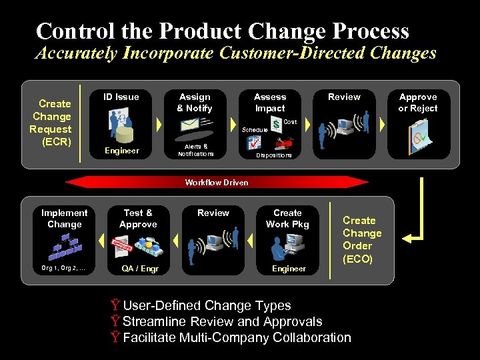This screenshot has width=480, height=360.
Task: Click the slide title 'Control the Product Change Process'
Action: pyautogui.click(x=222, y=31)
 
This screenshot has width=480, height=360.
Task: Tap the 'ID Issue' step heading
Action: pyautogui.click(x=121, y=97)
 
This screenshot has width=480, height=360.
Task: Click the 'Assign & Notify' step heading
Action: pyautogui.click(x=194, y=102)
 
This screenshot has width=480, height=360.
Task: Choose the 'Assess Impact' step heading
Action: pyautogui.click(x=270, y=102)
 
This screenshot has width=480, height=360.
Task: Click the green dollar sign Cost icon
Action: pyautogui.click(x=276, y=125)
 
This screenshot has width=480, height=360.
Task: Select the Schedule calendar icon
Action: pyautogui.click(x=254, y=142)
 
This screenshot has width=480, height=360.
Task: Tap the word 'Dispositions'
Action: pyautogui.click(x=274, y=155)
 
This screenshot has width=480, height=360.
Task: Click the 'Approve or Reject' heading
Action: pyautogui.click(x=417, y=102)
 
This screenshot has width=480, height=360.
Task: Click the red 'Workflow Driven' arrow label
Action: pyautogui.click(x=217, y=182)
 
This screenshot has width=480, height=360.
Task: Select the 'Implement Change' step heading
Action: pyautogui.click(x=64, y=218)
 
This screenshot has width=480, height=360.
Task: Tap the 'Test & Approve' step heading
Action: pyautogui.click(x=138, y=218)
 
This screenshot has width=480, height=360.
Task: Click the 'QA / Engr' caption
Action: pyautogui.click(x=139, y=269)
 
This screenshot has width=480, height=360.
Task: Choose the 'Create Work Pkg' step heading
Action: pyautogui.click(x=287, y=218)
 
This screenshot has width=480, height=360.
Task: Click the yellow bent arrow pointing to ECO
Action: pyautogui.click(x=417, y=213)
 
